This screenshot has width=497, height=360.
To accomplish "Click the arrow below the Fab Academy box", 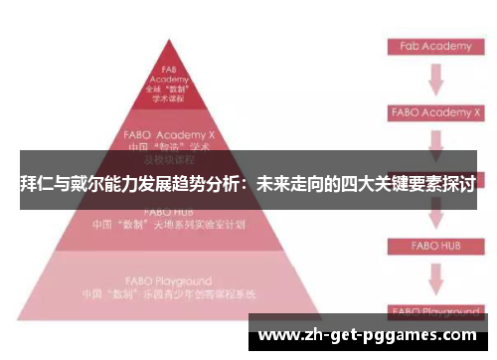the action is [433, 79].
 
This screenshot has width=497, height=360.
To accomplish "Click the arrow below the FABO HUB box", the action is [433, 275].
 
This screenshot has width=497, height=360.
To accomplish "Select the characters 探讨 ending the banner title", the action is [458, 184].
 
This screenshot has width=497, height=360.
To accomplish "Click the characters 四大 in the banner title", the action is [351, 184].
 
